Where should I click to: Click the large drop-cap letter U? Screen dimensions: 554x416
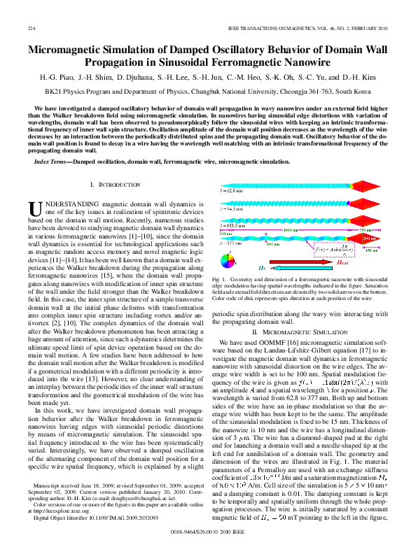click(x=36, y=208)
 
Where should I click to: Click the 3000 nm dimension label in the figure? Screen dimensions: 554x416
click(x=290, y=229)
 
